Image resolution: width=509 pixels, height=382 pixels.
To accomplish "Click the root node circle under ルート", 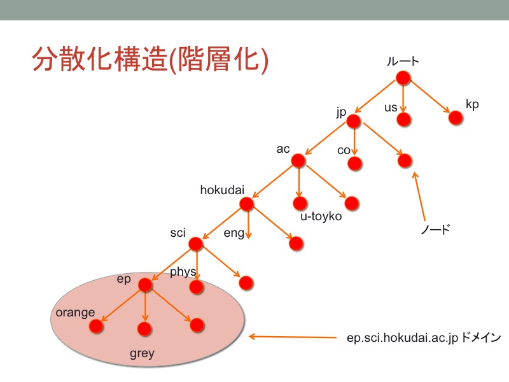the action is coord(403,78).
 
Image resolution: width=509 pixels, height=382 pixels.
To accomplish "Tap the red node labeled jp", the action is coord(354,122).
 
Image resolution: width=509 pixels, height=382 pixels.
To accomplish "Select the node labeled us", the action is coord(404,120).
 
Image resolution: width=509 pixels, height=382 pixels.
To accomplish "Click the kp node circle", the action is coord(456,118).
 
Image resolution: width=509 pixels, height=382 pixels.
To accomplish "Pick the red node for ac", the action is coord(298,161).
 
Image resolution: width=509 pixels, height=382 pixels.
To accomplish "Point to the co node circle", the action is coord(354,164).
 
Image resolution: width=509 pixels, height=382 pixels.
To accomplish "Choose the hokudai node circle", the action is coord(246,204).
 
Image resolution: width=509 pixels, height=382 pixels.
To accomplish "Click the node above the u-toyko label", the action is coord(300,203).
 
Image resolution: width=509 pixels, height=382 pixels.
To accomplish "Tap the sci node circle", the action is coord(195,244).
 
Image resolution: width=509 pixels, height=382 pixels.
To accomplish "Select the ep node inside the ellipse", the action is coord(145,285).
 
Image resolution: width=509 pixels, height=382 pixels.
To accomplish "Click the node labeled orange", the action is coord(96,326).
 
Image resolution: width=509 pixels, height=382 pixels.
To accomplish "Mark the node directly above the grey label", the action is coord(144,329).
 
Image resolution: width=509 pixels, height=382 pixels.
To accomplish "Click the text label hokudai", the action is coord(222,190).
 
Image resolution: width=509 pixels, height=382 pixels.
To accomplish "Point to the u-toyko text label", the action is coord(321,216).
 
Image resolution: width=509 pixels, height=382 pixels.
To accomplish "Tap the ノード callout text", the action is coord(435,229).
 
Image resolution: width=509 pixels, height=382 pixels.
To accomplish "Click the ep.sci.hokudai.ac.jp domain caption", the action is coord(424,338).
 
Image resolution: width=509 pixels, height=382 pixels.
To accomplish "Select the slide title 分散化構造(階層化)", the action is coord(150,59).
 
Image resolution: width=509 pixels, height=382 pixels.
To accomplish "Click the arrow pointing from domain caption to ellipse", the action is coord(293,337).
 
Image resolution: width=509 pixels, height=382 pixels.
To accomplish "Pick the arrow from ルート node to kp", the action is coord(430,97).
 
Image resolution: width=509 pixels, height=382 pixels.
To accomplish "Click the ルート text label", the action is coord(403,61).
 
